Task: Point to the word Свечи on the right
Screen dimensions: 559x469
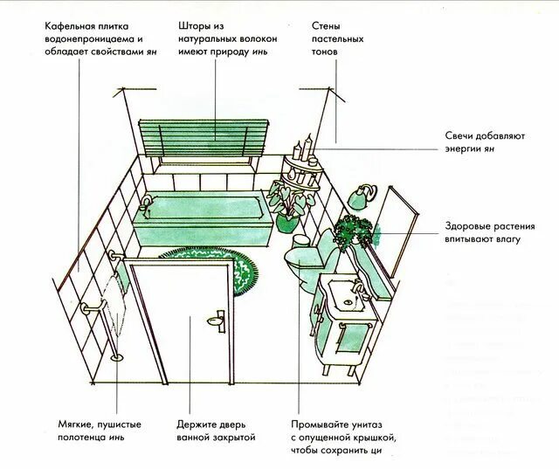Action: point(459,136)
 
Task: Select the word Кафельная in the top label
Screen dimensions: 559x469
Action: point(73,26)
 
